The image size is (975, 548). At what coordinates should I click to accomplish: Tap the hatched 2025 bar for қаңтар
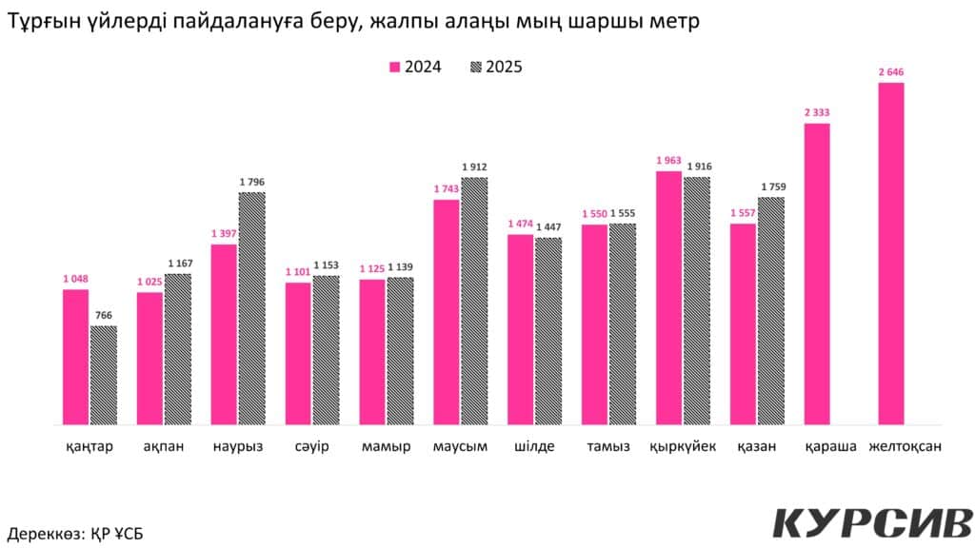coord(104,375)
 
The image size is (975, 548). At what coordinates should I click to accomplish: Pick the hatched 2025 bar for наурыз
coord(252,308)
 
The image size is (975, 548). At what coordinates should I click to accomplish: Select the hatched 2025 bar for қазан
coord(771,310)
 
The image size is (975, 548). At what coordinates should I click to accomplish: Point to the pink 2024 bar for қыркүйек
coord(669,298)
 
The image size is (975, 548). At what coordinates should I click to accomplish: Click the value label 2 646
coord(891,71)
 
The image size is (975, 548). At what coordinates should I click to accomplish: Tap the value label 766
coord(104,316)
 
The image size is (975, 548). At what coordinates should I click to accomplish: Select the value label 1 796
coord(252,182)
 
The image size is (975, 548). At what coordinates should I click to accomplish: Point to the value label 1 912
coord(475,167)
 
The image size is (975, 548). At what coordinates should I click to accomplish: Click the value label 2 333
coord(817,112)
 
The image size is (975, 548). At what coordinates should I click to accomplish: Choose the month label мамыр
coord(386,447)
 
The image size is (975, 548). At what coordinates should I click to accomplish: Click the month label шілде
coord(534,447)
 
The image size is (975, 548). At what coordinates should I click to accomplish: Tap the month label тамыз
coord(608,447)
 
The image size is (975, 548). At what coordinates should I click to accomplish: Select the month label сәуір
coord(311,447)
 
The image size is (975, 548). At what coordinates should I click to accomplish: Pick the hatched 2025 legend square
coord(475,68)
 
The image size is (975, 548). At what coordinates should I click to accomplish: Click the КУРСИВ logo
coord(872,523)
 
